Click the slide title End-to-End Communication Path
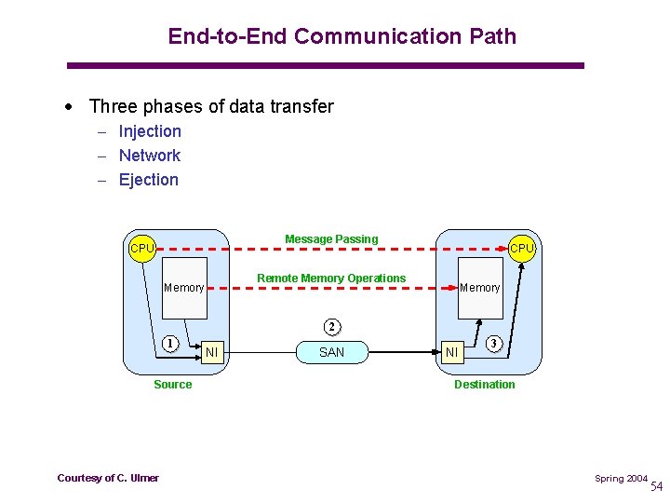click(342, 36)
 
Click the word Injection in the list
click(150, 131)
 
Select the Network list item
click(149, 156)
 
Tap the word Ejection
click(148, 180)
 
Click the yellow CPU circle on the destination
click(522, 248)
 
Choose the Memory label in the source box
click(183, 288)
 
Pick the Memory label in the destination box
click(480, 288)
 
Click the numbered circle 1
click(170, 342)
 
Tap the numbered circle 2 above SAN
click(332, 327)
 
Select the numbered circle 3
click(495, 344)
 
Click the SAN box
click(331, 352)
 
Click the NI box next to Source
click(212, 352)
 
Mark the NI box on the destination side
click(452, 352)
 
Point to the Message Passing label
click(331, 239)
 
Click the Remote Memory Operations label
click(331, 279)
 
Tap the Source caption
click(173, 385)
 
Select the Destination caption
click(484, 385)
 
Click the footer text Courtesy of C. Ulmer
click(108, 478)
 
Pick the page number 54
click(657, 486)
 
